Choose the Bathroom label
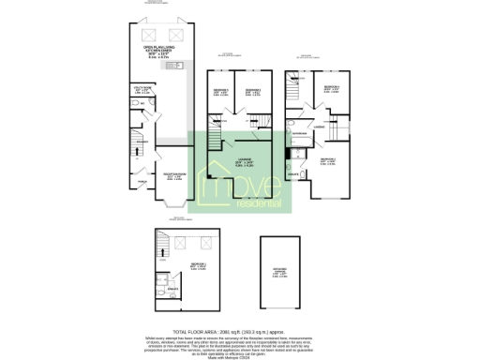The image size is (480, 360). pyautogui.click(x=300, y=135)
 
